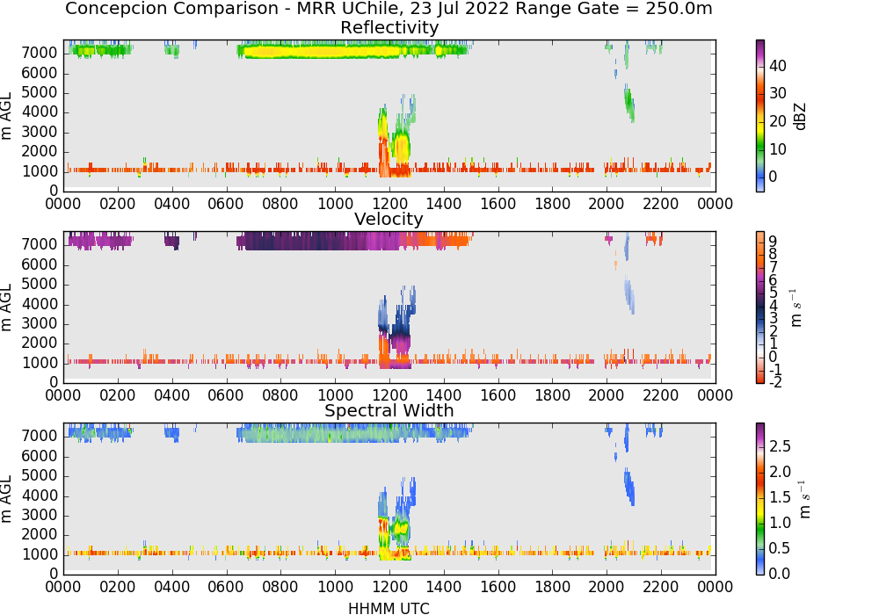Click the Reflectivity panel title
click(389, 27)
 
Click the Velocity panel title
click(389, 219)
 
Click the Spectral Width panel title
click(389, 410)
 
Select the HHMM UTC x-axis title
click(389, 608)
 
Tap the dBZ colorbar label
click(800, 116)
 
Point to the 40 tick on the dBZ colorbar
click(778, 66)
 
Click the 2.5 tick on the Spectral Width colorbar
click(780, 445)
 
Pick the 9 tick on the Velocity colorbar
click(773, 241)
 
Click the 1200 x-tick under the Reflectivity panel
click(389, 204)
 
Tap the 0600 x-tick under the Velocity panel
click(226, 395)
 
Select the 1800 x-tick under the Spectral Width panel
click(552, 587)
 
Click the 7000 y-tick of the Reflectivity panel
click(40, 53)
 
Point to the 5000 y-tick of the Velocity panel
click(40, 284)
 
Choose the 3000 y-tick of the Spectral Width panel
click(40, 515)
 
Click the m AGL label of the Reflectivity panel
click(6, 116)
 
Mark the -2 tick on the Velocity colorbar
click(775, 382)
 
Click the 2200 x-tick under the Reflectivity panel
click(661, 204)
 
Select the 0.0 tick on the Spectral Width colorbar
click(780, 573)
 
